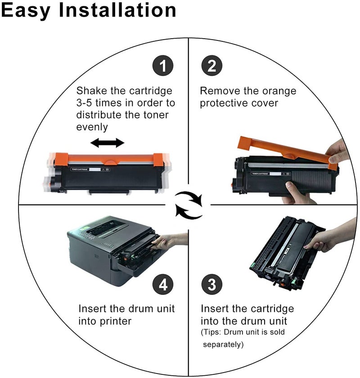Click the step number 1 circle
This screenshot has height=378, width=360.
click(163, 65)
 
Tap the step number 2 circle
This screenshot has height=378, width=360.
click(211, 65)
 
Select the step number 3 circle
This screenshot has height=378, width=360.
click(211, 284)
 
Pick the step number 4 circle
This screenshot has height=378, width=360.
click(163, 284)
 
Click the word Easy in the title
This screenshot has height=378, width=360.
click(26, 11)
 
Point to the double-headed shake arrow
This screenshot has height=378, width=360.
click(108, 143)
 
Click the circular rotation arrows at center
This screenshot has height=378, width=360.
click(188, 205)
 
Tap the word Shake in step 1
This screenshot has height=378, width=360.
click(92, 91)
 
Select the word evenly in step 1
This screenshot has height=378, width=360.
click(92, 127)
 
